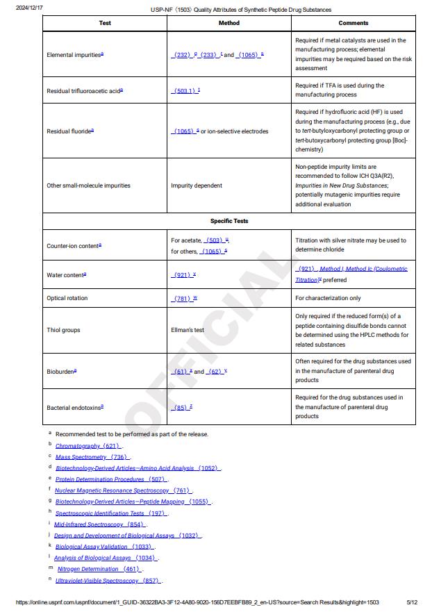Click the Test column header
pos(105,23)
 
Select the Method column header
pos(229,23)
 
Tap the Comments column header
pos(354,23)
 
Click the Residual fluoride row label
pos(69,131)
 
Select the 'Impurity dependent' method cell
pos(197,185)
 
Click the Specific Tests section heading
pos(229,221)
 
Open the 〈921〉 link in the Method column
pos(183,275)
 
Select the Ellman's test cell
pos(188,330)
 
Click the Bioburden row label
pos(61,371)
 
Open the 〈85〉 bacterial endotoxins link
pos(181,407)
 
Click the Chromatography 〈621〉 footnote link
pos(88,446)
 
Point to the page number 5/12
pos(411,602)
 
